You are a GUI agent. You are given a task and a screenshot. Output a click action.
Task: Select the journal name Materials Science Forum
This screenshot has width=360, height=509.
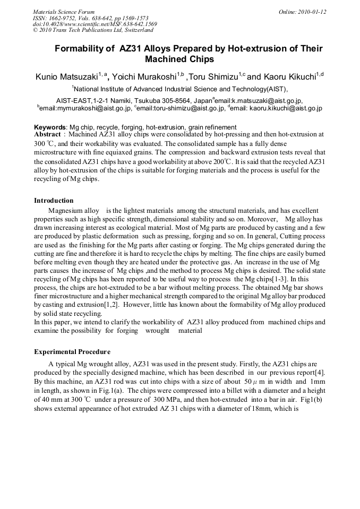pos(64,12)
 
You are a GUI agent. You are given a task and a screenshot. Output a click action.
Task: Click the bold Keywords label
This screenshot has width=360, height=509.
pos(50,127)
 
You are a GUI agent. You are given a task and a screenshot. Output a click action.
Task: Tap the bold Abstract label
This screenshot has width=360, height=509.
pos(47,135)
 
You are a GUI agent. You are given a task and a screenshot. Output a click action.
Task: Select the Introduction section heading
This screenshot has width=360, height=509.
pos(54,201)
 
